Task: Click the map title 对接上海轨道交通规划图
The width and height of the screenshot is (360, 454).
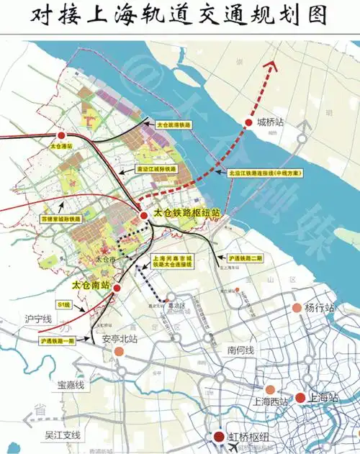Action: point(180,17)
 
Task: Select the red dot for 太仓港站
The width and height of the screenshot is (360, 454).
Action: point(62,135)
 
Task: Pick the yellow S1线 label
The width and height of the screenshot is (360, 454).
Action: point(64,305)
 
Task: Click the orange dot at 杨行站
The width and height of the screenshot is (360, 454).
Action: point(297,308)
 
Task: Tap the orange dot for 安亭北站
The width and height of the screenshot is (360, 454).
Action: point(121,353)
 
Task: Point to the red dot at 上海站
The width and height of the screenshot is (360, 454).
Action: point(301,397)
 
